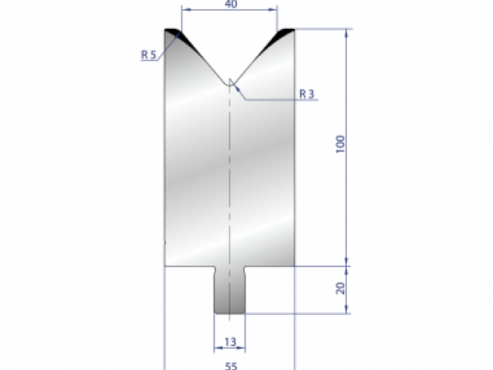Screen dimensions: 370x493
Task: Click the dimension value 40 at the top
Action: pyautogui.click(x=230, y=5)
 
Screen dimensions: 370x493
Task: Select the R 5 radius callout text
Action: pyautogui.click(x=149, y=55)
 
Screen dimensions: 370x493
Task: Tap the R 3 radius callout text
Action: pyautogui.click(x=306, y=94)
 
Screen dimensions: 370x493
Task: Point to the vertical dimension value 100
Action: pyautogui.click(x=339, y=145)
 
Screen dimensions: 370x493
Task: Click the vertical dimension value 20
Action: pyautogui.click(x=339, y=289)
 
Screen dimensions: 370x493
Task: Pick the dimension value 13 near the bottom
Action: pyautogui.click(x=230, y=340)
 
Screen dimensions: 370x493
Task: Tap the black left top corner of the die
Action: pyautogui.click(x=174, y=34)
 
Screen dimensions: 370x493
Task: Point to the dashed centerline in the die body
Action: pyautogui.click(x=230, y=181)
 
